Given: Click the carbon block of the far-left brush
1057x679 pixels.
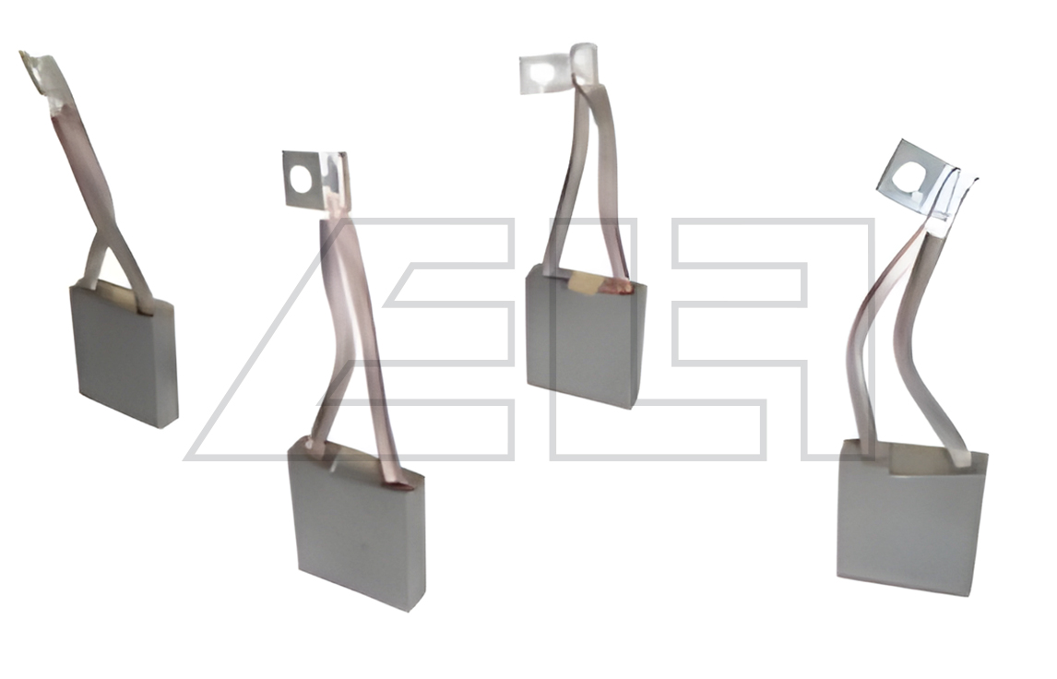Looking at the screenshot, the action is coord(124,354).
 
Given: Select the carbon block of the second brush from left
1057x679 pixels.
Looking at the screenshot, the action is coord(357,522).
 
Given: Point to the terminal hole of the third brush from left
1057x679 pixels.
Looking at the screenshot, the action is coord(540,71).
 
